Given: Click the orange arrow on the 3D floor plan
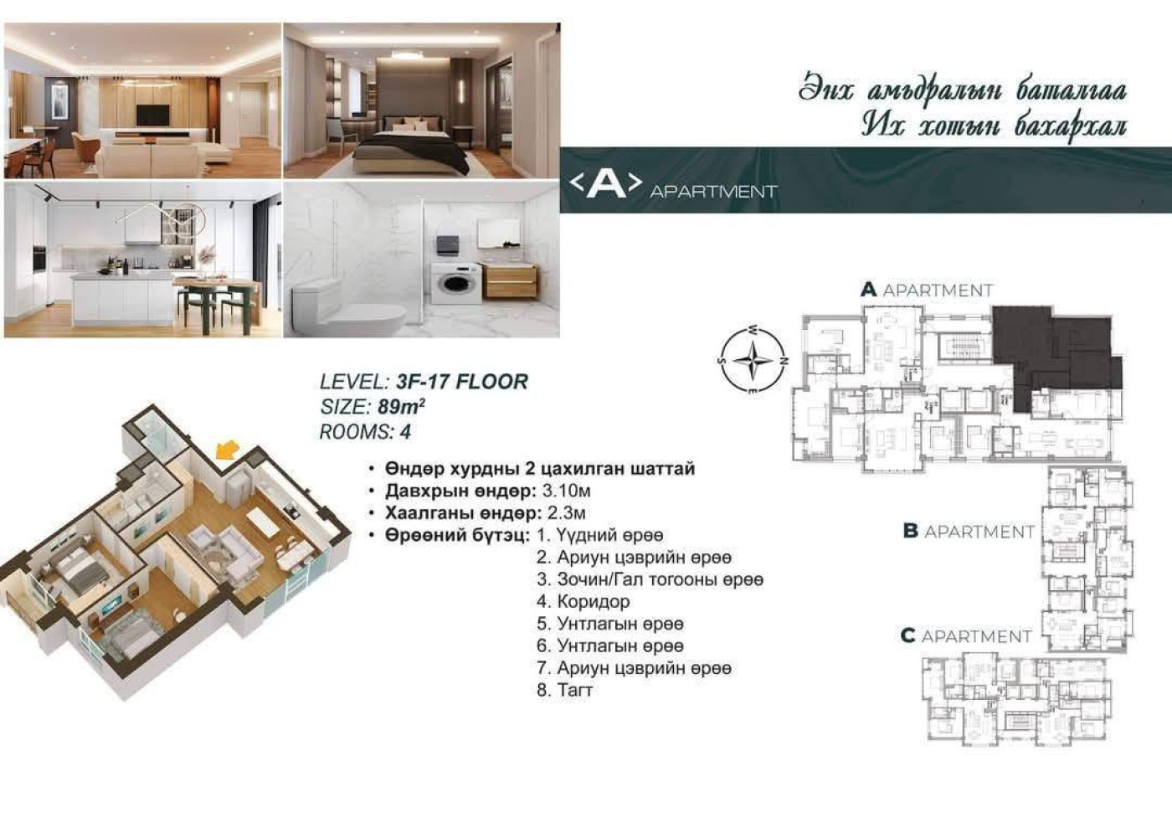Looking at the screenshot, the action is pyautogui.click(x=227, y=450).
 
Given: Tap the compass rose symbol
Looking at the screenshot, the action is pyautogui.click(x=753, y=360).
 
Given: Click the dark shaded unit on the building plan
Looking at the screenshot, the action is pyautogui.click(x=1056, y=356).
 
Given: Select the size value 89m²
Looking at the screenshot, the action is pyautogui.click(x=401, y=407).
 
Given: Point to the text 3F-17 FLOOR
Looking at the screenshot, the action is pyautogui.click(x=462, y=382).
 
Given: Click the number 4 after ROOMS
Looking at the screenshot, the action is pyautogui.click(x=405, y=432).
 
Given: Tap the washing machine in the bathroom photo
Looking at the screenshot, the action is pyautogui.click(x=455, y=283).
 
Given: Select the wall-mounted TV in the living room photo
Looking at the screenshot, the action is pyautogui.click(x=152, y=115).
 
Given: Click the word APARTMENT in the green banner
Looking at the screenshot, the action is pyautogui.click(x=713, y=192).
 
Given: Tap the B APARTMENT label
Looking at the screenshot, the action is pyautogui.click(x=969, y=532).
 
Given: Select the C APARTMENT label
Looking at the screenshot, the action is pyautogui.click(x=966, y=636).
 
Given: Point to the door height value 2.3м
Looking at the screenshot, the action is pyautogui.click(x=567, y=513).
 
